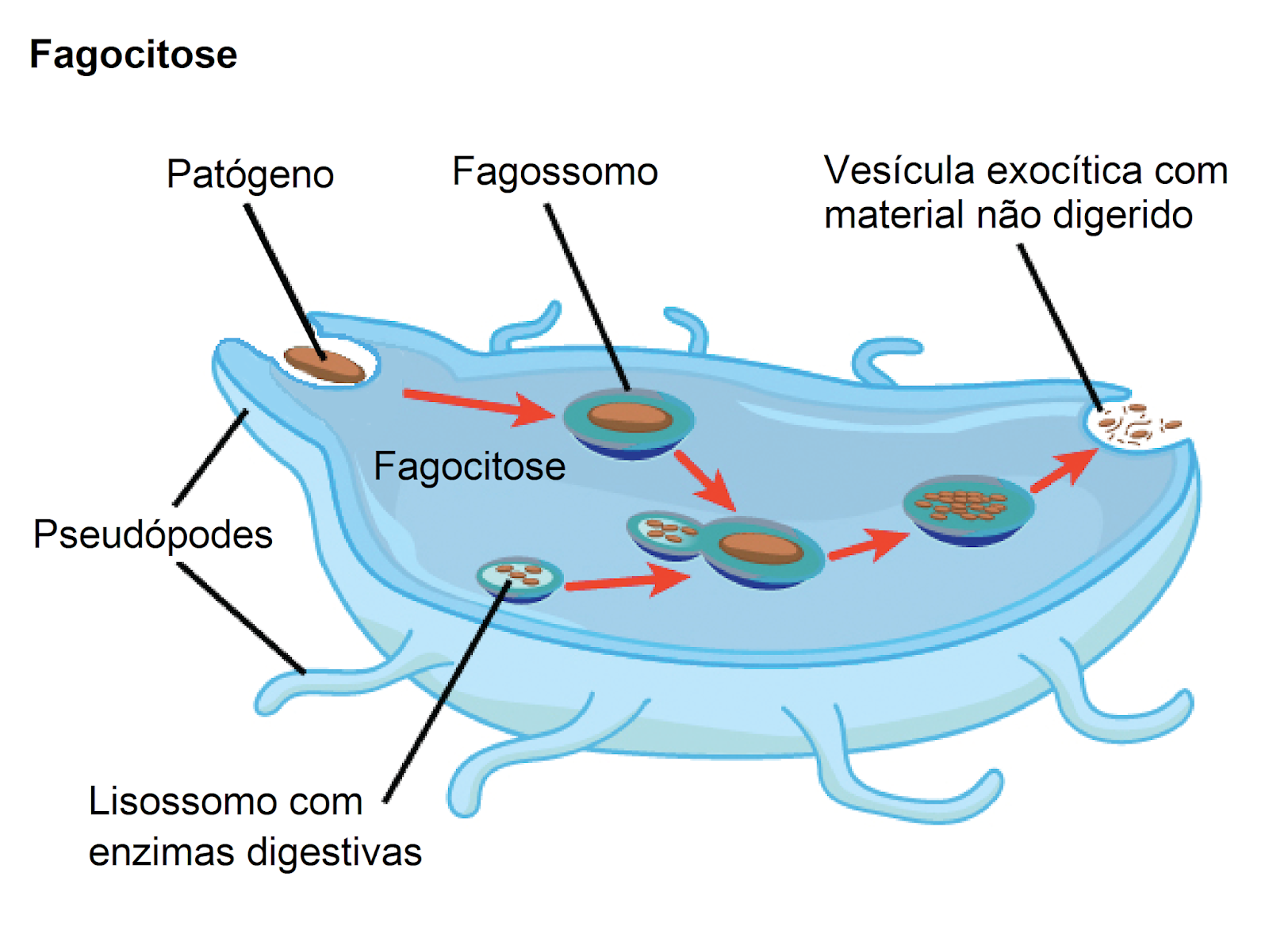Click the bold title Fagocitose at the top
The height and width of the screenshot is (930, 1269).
coord(132,55)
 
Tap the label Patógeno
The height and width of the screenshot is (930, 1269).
coord(250,174)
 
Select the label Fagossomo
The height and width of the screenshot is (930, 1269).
coord(554,171)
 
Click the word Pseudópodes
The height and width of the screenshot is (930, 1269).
coord(152,534)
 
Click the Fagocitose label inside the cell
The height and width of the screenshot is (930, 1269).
coord(469,466)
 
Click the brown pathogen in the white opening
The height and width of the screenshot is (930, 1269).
coord(324,365)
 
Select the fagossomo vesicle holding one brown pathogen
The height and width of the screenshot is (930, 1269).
coord(629,423)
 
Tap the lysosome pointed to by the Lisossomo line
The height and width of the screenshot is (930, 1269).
coord(519,579)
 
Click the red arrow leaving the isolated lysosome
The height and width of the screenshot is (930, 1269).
coord(627,581)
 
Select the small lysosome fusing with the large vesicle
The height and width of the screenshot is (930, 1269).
coord(663,533)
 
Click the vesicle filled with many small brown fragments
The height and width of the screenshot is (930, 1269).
coord(967,507)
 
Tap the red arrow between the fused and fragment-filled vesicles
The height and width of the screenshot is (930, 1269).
coord(867,545)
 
